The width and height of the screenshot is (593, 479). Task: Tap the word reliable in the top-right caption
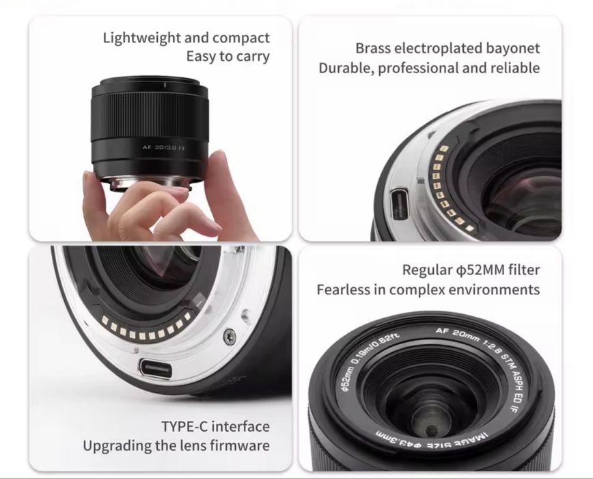pos(512,68)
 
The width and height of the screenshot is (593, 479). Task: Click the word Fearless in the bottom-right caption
pos(344,289)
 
